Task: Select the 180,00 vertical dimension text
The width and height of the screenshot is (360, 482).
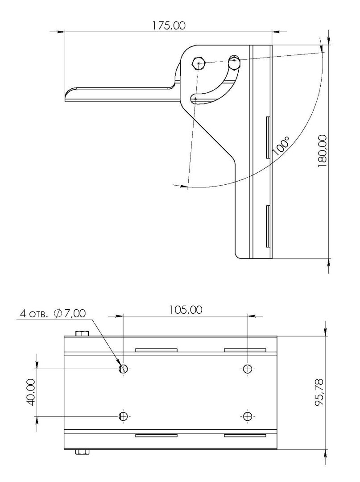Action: point(322,151)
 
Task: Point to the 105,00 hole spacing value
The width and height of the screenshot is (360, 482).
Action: point(186,310)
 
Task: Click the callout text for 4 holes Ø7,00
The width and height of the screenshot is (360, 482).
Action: point(53,313)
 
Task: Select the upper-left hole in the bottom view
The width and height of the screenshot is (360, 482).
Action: point(123,368)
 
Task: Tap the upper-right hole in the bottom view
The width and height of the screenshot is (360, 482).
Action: point(247,368)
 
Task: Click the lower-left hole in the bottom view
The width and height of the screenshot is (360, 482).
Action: point(123,416)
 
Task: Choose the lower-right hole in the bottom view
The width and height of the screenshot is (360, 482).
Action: point(247,416)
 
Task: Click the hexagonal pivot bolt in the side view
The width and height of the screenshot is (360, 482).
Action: point(199,63)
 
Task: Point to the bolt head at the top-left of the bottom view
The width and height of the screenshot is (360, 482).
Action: point(82,333)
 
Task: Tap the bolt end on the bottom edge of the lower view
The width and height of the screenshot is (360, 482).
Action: point(82,452)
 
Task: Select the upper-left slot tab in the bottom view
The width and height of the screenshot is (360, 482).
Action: point(156,350)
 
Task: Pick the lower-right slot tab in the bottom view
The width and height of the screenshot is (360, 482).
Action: point(245,435)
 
